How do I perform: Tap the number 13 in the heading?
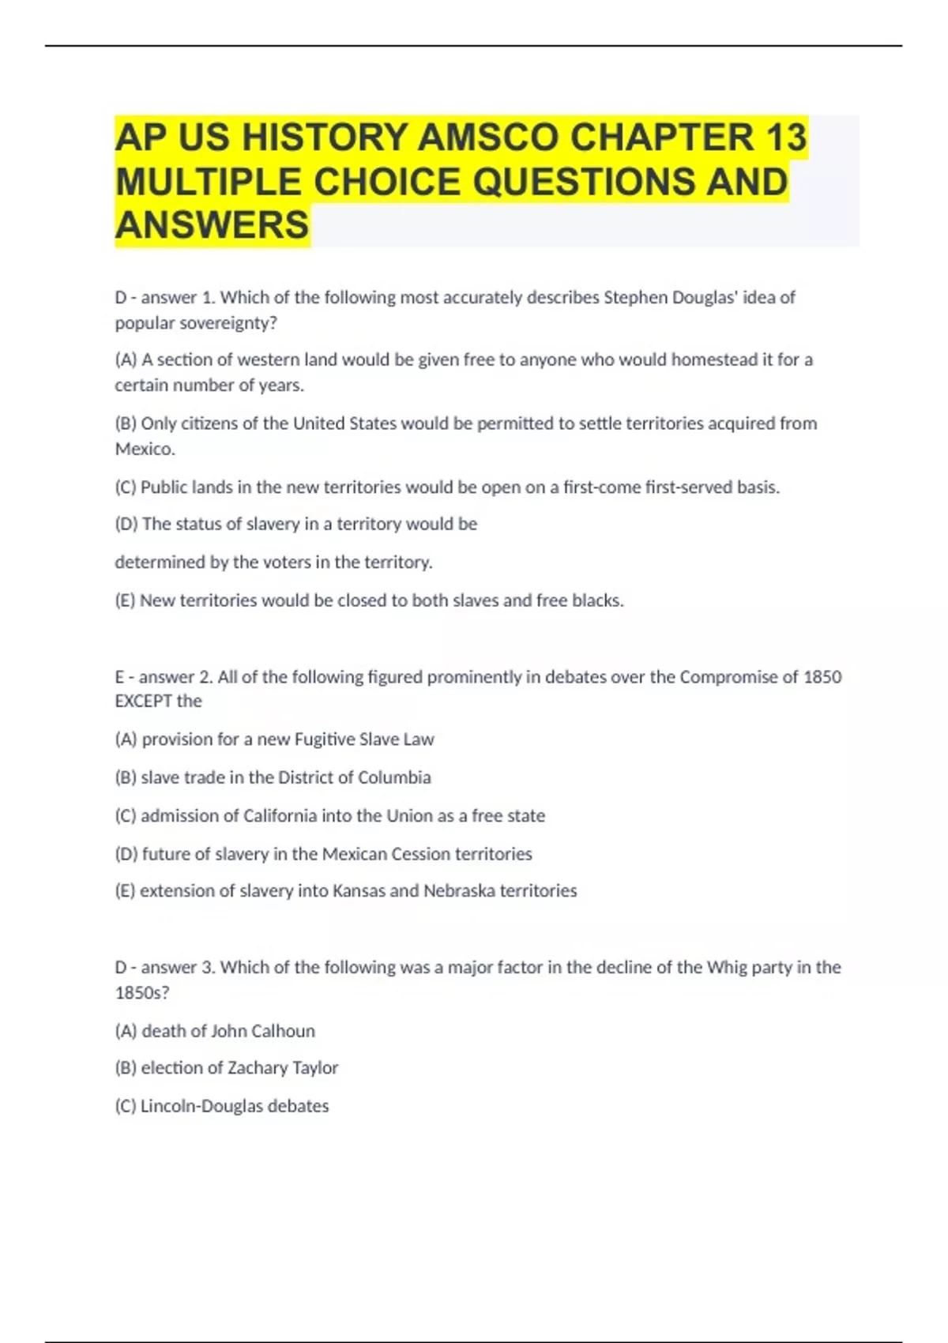(785, 137)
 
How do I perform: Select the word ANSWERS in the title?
(212, 225)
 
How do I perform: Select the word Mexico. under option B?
(145, 449)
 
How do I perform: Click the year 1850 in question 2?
(822, 677)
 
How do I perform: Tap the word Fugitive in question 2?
(324, 739)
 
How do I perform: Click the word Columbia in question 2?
(394, 777)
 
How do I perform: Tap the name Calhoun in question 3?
(283, 1031)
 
